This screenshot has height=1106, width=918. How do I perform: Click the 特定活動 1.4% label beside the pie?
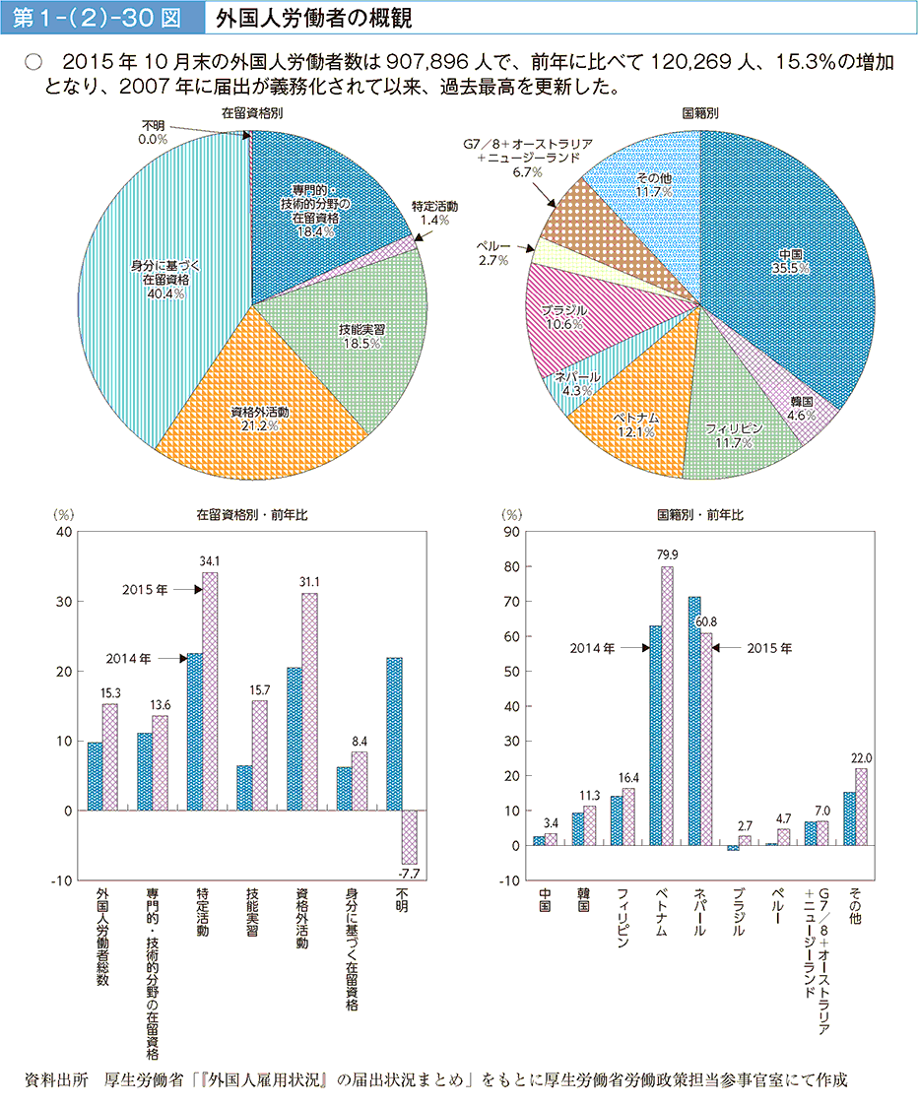[x=434, y=214]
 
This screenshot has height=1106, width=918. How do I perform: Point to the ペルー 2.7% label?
[x=492, y=252]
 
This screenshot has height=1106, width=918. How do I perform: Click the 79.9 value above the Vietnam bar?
[x=667, y=554]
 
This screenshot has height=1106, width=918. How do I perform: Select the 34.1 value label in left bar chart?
[x=209, y=560]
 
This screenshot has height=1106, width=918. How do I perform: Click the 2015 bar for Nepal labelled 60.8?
[x=705, y=739]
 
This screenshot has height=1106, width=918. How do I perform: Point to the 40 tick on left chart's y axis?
[x=66, y=532]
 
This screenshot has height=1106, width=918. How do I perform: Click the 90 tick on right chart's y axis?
[x=511, y=533]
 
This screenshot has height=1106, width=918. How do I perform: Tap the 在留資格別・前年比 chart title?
[x=241, y=513]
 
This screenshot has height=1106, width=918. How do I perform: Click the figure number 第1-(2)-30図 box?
[x=99, y=19]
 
